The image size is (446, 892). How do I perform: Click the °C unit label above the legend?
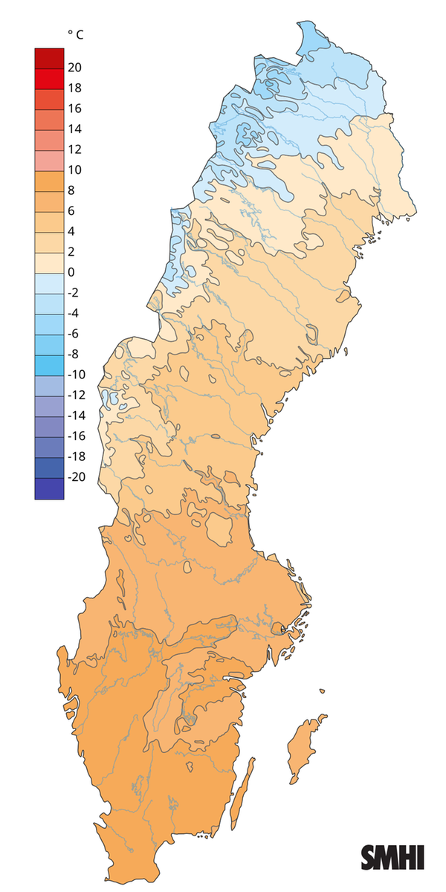74,34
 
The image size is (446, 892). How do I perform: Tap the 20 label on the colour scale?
74,68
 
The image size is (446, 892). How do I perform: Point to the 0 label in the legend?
71,272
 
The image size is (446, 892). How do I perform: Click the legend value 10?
74,170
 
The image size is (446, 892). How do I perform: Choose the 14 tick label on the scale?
74,129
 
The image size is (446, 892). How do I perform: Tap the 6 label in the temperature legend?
71,211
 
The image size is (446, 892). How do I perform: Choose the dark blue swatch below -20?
49,488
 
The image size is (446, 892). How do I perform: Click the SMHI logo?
392,856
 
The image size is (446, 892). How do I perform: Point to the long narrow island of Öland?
242,795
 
